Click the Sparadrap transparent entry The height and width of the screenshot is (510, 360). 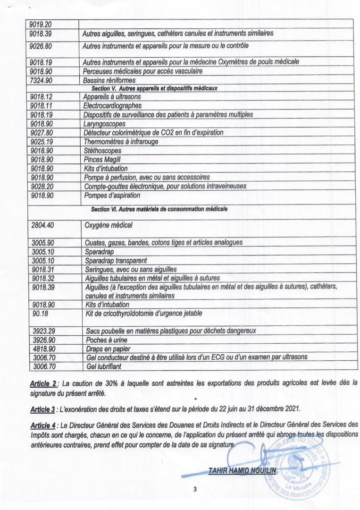coord(116,260)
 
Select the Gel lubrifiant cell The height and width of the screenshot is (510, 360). coord(104,366)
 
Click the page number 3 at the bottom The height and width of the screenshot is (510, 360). coord(195,489)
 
